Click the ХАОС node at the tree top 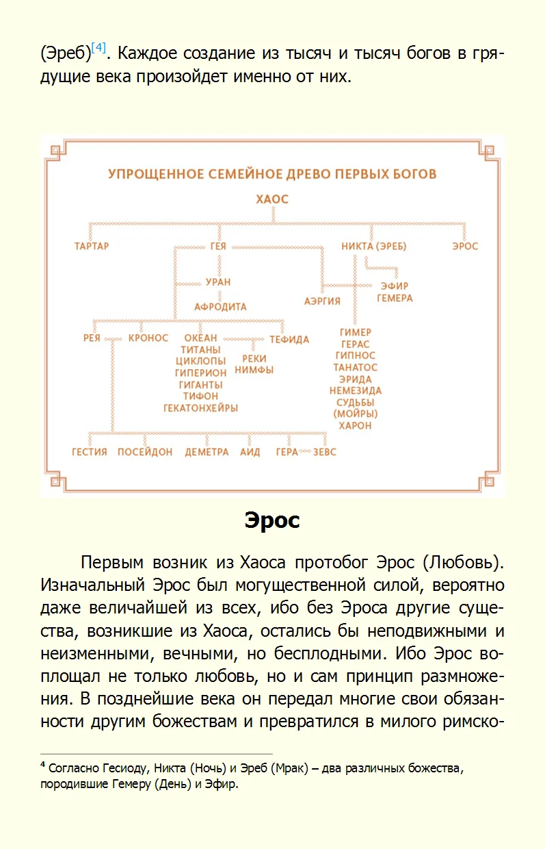click(x=272, y=200)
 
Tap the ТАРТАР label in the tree click(x=92, y=246)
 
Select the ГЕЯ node click(x=218, y=246)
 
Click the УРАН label click(x=218, y=282)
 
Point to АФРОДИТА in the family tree click(x=220, y=307)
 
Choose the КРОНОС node click(x=148, y=338)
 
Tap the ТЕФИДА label click(x=289, y=340)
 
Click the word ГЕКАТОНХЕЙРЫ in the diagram click(x=200, y=408)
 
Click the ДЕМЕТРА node click(x=207, y=453)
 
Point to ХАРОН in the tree click(x=355, y=426)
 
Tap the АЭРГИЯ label click(x=322, y=301)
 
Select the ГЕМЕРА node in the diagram click(x=395, y=299)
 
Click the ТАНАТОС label click(x=355, y=368)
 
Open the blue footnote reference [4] click(x=98, y=49)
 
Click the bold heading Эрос click(x=272, y=521)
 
